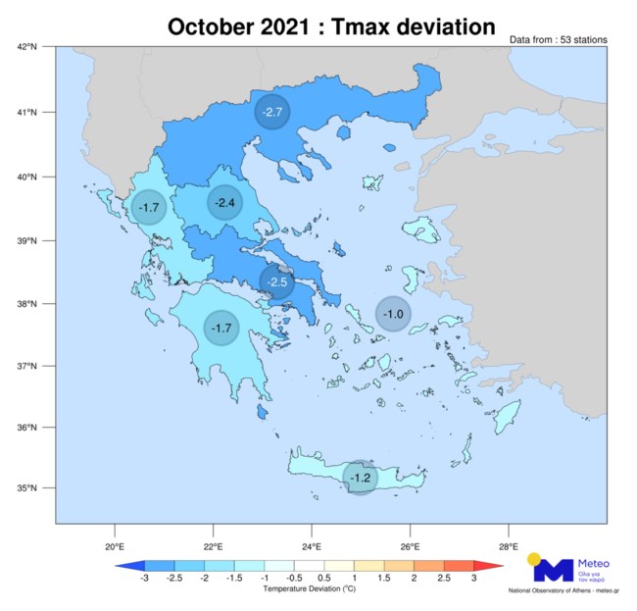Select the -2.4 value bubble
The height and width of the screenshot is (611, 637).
[224, 203]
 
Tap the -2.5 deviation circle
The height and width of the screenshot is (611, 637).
[277, 281]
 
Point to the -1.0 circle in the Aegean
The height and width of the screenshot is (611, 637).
[393, 314]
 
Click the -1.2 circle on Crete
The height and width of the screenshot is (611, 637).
[362, 478]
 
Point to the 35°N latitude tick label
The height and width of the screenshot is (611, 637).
[26, 488]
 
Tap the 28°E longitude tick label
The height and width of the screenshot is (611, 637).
[508, 545]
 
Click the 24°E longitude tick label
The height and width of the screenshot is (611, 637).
[311, 545]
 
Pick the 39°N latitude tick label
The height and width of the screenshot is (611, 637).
[26, 240]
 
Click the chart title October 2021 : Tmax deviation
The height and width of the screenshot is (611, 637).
[330, 26]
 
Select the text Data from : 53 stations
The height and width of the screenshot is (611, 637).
[558, 40]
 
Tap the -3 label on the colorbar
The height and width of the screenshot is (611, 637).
[145, 580]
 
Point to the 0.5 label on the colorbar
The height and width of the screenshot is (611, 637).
[324, 580]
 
